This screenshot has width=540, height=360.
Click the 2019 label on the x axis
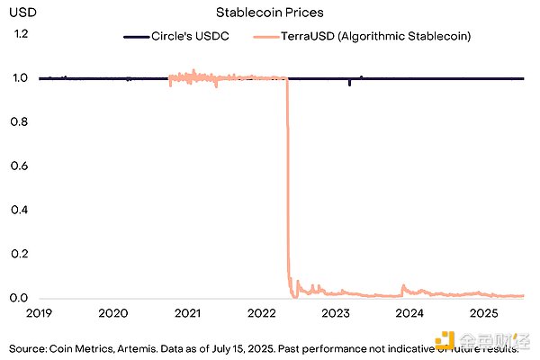point(39,313)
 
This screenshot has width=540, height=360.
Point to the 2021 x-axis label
point(187,313)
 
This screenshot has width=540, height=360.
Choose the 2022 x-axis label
point(261,313)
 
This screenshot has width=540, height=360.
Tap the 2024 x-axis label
point(409,313)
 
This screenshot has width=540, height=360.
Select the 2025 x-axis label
point(484,313)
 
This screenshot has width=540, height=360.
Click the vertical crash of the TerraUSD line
point(288,180)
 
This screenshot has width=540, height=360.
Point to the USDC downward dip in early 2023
point(349,84)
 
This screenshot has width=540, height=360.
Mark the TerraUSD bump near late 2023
point(403,288)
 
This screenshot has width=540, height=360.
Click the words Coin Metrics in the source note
point(82,347)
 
